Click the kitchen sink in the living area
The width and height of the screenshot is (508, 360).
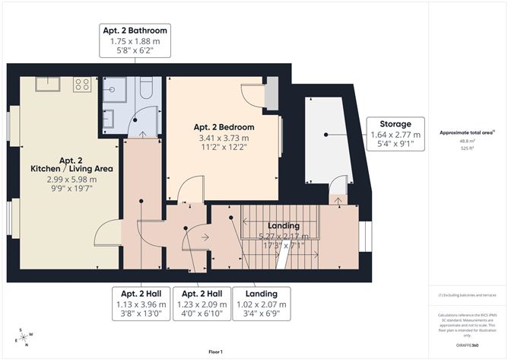point(49,84)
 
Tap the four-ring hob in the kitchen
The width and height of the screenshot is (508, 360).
point(82,84)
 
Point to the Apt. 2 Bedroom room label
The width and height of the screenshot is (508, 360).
point(223,127)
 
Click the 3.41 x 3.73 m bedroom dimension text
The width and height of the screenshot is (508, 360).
point(223,138)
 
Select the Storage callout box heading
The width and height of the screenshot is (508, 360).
point(395,124)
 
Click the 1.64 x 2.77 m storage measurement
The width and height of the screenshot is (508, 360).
point(395,134)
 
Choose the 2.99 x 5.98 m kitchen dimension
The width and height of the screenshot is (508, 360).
point(71,180)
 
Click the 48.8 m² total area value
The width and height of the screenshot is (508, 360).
point(466,140)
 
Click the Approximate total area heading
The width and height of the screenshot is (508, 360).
point(465,132)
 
